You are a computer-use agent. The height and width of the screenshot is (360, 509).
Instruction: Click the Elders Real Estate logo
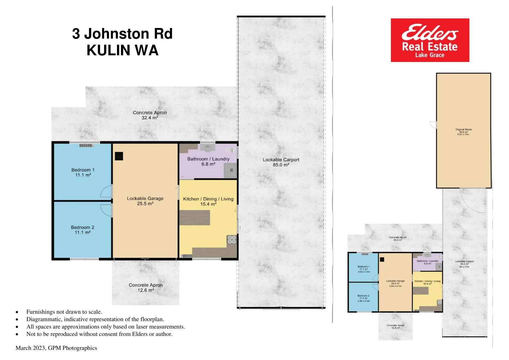pos(430,40)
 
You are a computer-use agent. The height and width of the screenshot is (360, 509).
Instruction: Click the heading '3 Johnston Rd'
pos(122,34)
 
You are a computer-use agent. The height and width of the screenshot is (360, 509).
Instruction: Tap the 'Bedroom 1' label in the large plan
pos(83,170)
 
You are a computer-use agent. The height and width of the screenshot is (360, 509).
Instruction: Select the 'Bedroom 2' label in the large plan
pos(82,227)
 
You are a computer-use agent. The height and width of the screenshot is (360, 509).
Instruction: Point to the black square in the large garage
pos(119,156)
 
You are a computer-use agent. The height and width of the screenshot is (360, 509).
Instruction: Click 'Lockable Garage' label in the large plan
pos(145,198)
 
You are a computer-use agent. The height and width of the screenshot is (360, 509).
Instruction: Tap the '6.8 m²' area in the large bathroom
pos(208,164)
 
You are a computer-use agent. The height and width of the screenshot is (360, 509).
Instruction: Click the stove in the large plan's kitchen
pos(232,239)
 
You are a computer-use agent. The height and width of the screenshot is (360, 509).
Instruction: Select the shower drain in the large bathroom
pos(231,170)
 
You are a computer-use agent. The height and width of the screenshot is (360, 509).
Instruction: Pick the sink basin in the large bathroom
pos(208,148)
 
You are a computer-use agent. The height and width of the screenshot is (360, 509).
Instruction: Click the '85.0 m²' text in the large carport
pos(281,165)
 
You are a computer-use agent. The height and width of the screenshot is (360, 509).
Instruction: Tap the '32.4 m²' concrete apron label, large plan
pos(150,118)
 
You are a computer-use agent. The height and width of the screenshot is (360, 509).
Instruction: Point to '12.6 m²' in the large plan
pos(146,290)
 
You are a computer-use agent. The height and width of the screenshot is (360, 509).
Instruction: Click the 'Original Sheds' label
pos(463,129)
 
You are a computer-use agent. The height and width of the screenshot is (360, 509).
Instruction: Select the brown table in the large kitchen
pos(195,218)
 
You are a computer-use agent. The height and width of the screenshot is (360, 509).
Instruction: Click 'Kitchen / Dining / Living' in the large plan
pos(208,199)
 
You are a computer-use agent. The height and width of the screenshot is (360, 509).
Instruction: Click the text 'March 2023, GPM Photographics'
pos(56,348)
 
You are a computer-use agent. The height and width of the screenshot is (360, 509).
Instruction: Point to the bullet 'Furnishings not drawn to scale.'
pos(64,312)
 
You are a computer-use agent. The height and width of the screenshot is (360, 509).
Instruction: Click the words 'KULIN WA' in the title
pos(122,50)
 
